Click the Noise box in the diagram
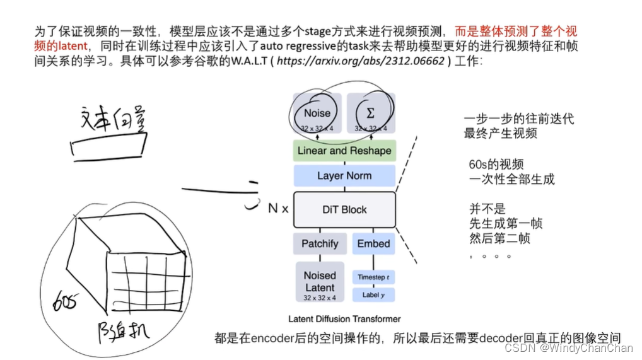point(317,114)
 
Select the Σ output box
point(371,114)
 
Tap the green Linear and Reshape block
point(344,151)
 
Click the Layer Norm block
point(344,176)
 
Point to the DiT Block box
point(344,209)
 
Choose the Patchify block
point(320,244)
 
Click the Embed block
point(373,244)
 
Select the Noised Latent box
point(320,282)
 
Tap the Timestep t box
point(373,277)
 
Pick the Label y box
point(373,294)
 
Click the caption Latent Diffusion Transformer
point(344,318)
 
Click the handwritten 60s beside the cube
point(66,301)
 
